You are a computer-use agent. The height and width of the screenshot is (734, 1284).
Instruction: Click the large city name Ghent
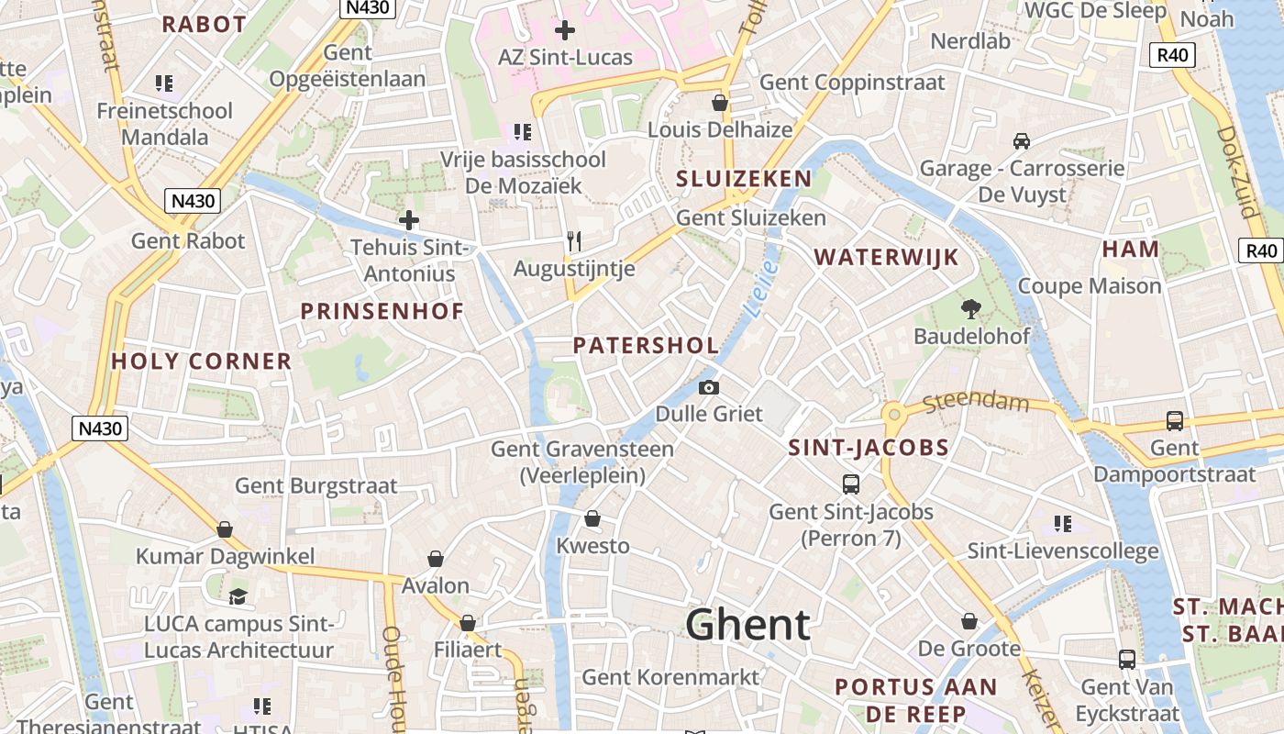[747, 625]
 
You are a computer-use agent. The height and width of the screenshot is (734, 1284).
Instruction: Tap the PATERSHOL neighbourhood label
[646, 346]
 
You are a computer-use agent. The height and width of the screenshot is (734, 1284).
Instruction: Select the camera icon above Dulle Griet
[708, 387]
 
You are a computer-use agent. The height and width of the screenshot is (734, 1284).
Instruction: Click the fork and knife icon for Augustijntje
[574, 241]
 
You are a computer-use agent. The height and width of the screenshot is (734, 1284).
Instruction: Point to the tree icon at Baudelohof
[970, 309]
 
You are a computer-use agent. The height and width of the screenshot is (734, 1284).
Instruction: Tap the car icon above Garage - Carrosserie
[1021, 141]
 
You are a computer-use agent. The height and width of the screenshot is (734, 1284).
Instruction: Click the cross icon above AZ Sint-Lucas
[565, 30]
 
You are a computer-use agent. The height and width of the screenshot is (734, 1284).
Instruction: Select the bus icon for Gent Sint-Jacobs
[851, 484]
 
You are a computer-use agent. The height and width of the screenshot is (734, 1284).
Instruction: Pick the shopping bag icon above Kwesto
[592, 519]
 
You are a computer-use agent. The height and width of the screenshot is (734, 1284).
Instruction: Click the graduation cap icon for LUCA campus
[238, 596]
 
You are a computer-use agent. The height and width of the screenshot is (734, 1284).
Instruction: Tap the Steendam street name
[977, 402]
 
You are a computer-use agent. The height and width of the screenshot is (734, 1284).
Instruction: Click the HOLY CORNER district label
[201, 361]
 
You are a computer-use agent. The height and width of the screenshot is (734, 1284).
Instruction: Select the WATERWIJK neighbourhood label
[886, 257]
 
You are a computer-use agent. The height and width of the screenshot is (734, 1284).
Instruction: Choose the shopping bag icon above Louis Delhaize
[720, 102]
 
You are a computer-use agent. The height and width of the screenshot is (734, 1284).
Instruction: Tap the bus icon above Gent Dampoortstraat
[1174, 421]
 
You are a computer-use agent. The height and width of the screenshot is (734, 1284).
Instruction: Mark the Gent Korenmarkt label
[670, 677]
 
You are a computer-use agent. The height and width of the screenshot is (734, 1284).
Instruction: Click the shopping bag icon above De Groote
[969, 622]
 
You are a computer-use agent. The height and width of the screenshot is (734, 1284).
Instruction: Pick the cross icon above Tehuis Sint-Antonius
[409, 220]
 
